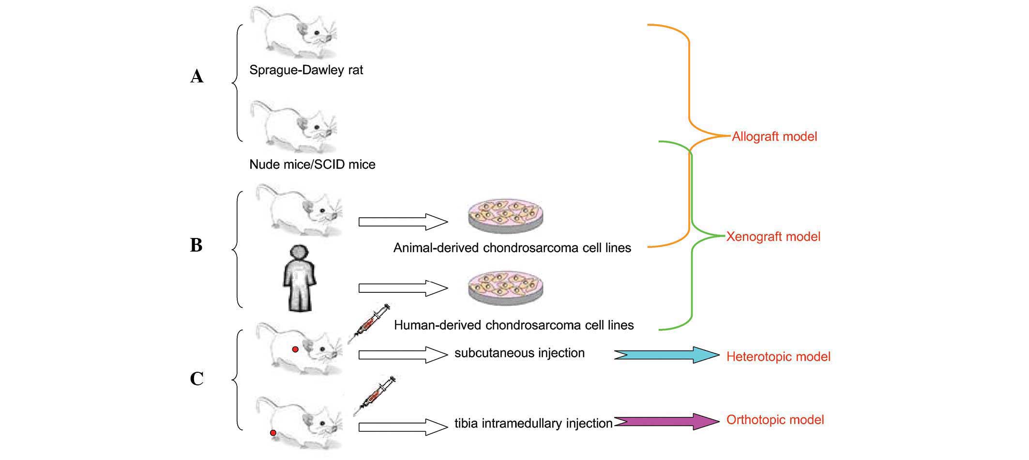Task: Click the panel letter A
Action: [197, 77]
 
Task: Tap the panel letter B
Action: [196, 245]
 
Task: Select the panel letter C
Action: [197, 379]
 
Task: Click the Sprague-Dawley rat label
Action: [306, 70]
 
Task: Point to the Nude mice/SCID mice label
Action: [312, 164]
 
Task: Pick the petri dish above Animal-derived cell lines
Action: [505, 215]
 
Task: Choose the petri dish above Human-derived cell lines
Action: [505, 288]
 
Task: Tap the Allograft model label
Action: [774, 137]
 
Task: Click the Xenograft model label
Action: [773, 237]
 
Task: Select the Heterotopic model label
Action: [778, 357]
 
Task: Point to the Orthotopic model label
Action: [775, 420]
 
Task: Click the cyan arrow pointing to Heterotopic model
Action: [666, 355]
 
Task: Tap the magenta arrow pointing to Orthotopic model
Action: [666, 421]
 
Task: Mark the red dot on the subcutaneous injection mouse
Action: [295, 349]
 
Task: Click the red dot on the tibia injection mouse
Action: [273, 432]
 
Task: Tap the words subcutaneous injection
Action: [519, 353]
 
